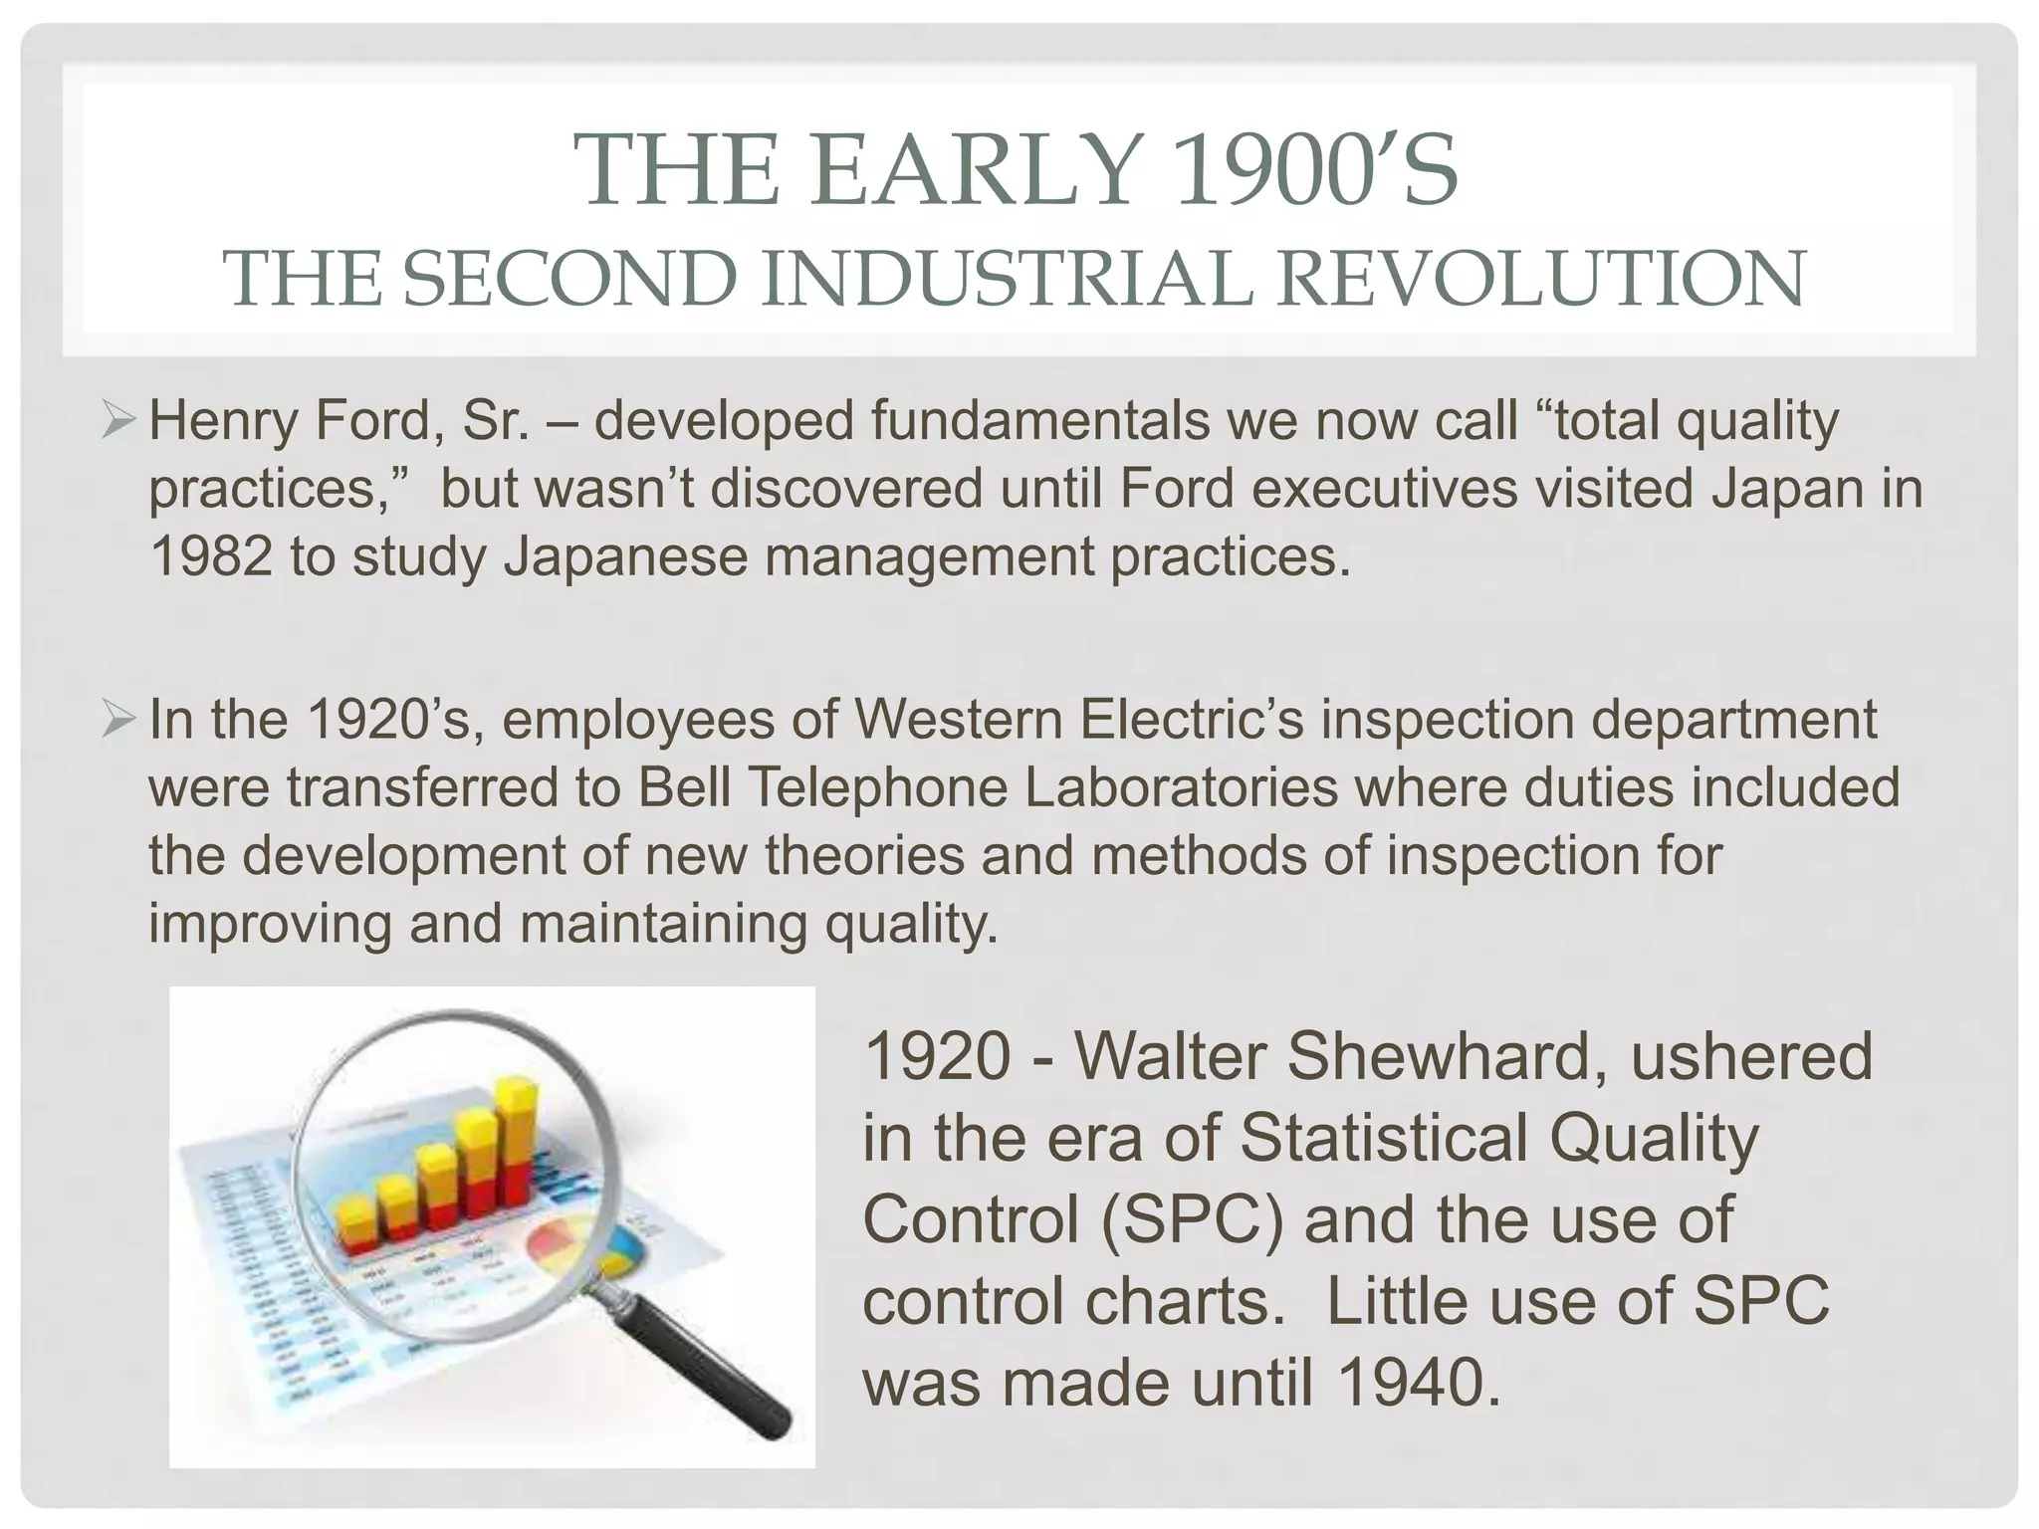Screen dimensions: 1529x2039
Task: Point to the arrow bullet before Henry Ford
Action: coord(118,422)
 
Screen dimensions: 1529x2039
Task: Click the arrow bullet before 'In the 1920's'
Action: coord(118,720)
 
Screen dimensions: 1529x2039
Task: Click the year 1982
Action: coord(210,555)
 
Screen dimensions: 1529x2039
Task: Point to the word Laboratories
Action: coord(1181,787)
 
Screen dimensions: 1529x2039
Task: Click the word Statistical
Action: coord(1384,1138)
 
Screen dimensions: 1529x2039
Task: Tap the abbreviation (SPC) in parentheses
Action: coord(1193,1219)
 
